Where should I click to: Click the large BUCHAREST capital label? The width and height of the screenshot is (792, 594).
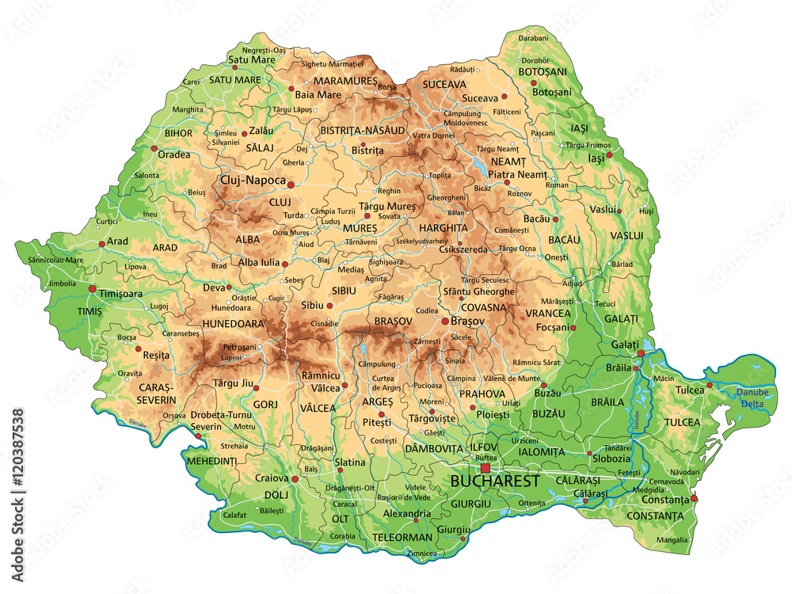(495, 481)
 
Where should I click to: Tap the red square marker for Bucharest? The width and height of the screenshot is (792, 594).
(485, 468)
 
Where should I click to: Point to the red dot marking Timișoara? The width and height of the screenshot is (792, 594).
(93, 289)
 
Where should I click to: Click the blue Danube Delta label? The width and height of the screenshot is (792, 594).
(752, 398)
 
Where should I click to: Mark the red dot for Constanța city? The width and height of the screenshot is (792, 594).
(694, 498)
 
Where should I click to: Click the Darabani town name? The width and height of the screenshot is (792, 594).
(533, 38)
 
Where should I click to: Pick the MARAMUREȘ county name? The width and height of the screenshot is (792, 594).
(345, 81)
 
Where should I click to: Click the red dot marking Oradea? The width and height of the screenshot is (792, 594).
(154, 147)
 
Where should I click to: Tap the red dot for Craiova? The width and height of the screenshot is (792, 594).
(295, 479)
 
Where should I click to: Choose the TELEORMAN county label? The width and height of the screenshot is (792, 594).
(404, 537)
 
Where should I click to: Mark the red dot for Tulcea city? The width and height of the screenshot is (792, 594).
(710, 385)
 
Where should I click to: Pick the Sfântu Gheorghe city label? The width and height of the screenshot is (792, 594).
(479, 291)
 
